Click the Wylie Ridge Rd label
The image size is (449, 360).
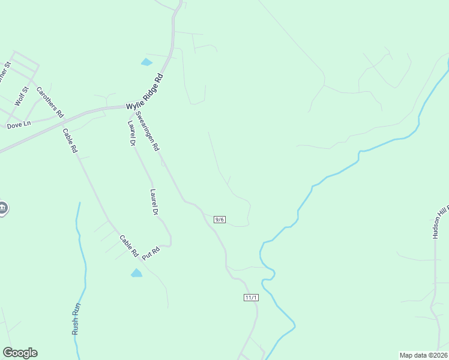[x=145, y=92]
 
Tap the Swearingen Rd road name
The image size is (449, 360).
[x=147, y=130]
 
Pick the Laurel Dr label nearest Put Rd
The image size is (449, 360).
[x=154, y=202]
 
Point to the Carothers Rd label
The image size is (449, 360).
[x=50, y=102]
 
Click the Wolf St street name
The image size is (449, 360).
[x=22, y=96]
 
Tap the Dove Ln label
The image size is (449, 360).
[x=18, y=125]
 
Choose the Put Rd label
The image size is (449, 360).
[x=150, y=253]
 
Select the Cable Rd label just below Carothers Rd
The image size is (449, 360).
[x=70, y=140]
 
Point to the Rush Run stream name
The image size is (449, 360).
[x=76, y=319]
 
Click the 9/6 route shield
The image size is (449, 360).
[x=220, y=220]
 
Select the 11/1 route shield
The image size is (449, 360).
[x=251, y=298]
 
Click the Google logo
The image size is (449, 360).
[x=20, y=353]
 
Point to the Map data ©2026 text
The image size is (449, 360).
[x=423, y=355]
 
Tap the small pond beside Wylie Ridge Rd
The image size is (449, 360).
[x=146, y=62]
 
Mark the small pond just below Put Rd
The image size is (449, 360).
[x=136, y=273]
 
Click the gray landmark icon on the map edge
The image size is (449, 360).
[x=2, y=208]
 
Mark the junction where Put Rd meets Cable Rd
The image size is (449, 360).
[x=142, y=259]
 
